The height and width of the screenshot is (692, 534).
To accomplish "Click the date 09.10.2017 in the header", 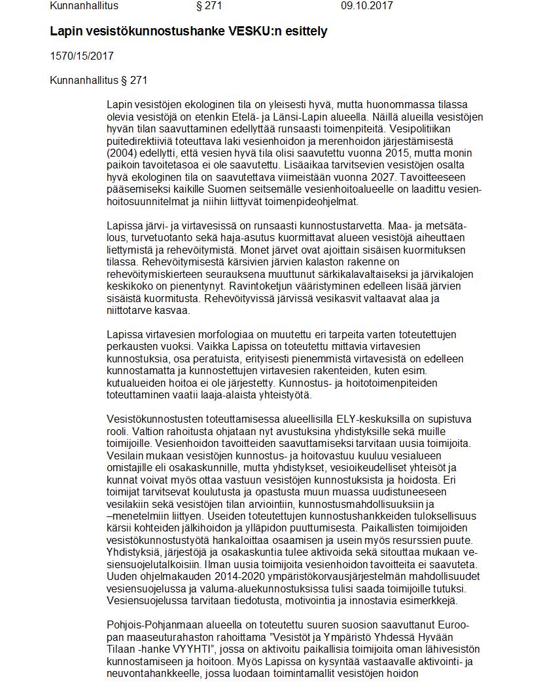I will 366,6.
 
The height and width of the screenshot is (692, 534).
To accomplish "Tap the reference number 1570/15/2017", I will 82,56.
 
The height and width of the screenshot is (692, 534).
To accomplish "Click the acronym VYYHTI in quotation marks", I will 195,648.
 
